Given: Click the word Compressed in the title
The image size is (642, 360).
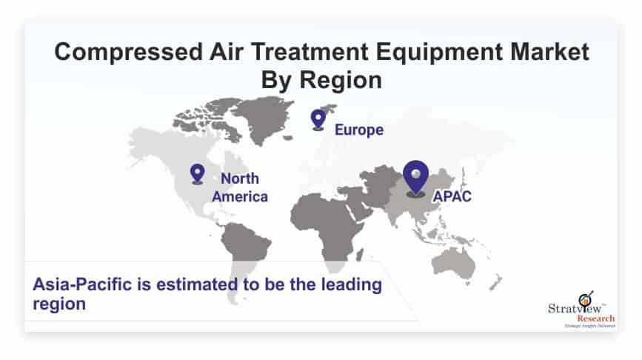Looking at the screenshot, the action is pos(128,53).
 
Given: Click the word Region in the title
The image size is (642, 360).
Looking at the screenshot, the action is pos(341,81).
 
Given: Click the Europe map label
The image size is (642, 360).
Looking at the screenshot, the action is pos(359,130).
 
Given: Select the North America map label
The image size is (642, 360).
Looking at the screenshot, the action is pos(240,187).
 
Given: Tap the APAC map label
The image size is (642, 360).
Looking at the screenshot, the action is pos(452,196).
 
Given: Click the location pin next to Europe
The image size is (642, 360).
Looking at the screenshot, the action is pos(318,119).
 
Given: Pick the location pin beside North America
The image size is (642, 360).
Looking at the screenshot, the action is pos(198,173).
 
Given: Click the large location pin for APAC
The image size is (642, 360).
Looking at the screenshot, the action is pos(415,179).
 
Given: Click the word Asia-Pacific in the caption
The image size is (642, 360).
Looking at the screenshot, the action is pos(82,284).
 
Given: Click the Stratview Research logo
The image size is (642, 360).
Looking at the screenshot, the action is pos(581,310).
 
